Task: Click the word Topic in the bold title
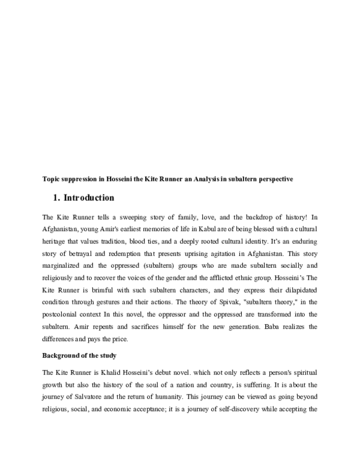51,179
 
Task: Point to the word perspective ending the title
273,179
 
